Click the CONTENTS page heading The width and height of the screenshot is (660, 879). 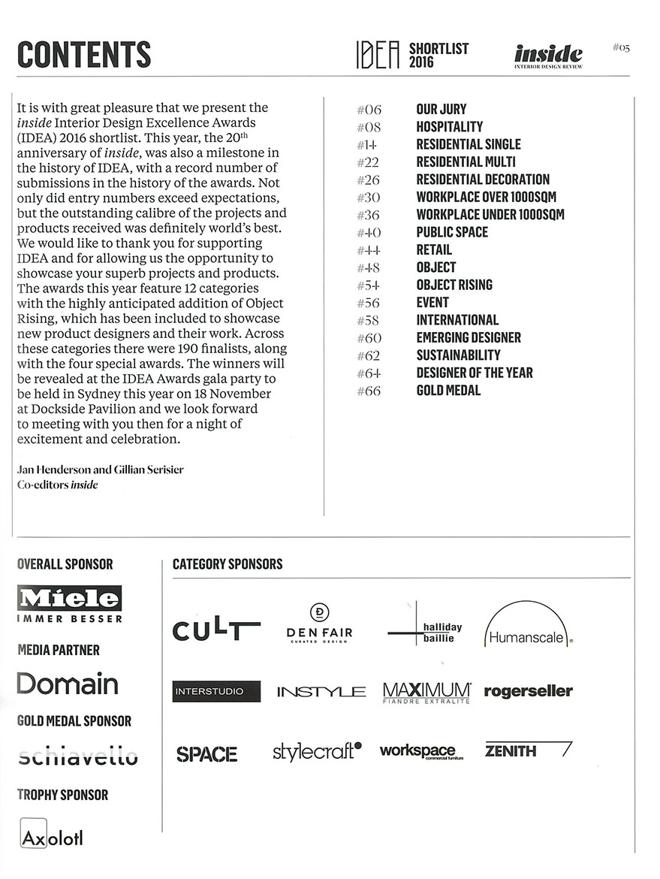click(x=83, y=55)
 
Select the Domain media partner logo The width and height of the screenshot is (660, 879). click(x=68, y=684)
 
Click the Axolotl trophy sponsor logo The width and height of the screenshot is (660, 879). click(x=51, y=836)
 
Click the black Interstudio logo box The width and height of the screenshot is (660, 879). click(x=216, y=691)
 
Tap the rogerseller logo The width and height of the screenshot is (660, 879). click(x=528, y=691)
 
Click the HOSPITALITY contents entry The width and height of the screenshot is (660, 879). click(x=449, y=127)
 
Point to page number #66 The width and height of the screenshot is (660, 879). click(x=369, y=391)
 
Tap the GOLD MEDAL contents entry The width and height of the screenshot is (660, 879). click(x=448, y=391)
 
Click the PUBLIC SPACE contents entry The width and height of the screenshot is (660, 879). click(x=452, y=232)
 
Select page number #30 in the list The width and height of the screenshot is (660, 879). click(x=369, y=198)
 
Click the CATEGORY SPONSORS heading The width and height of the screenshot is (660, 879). click(x=228, y=564)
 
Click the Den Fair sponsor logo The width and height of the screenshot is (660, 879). click(x=319, y=624)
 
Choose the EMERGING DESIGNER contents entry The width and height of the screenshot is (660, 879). click(x=469, y=338)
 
